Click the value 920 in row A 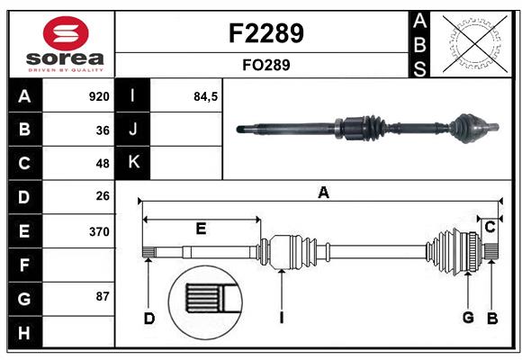click(x=99, y=96)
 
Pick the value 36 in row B click(x=103, y=130)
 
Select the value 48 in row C click(x=103, y=164)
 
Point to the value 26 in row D click(x=103, y=196)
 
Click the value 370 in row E click(x=99, y=231)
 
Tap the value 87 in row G click(x=103, y=296)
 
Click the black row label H click(x=24, y=332)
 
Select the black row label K click(x=134, y=163)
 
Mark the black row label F click(x=24, y=265)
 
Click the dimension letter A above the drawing click(x=323, y=192)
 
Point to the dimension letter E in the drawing click(x=201, y=229)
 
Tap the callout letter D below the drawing click(x=149, y=318)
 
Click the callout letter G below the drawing click(x=468, y=317)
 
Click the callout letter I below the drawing click(x=282, y=318)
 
